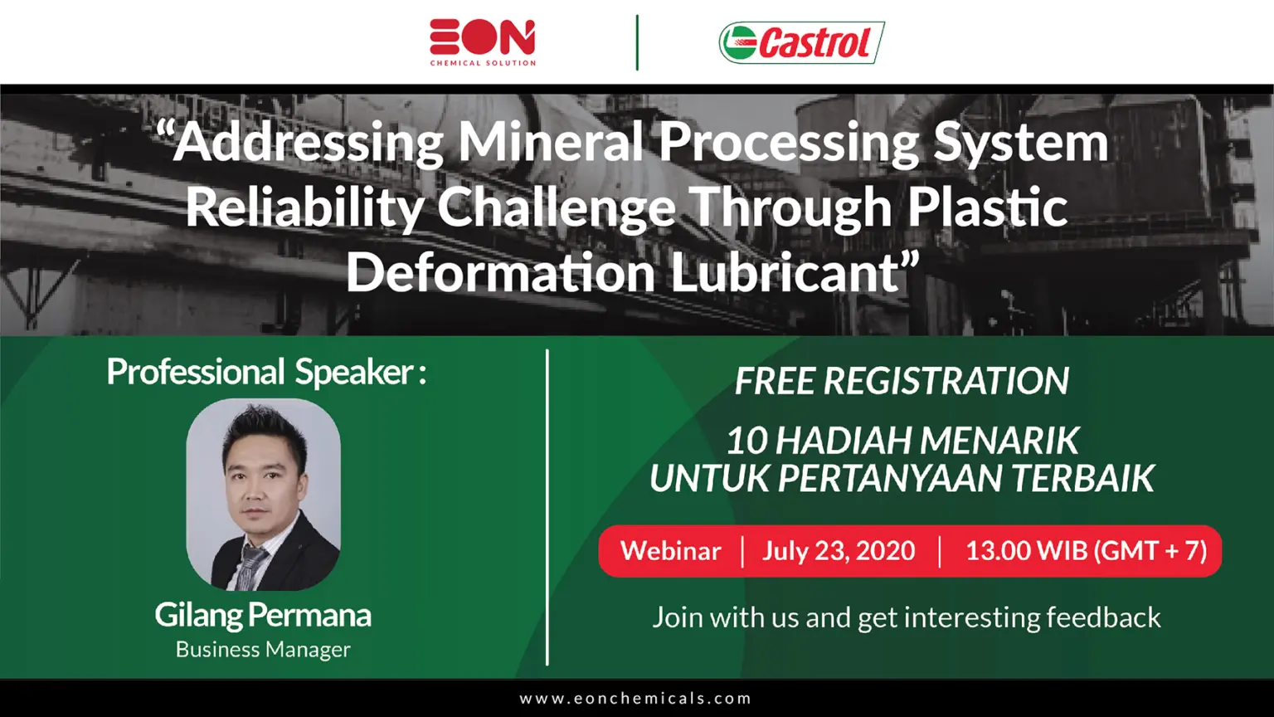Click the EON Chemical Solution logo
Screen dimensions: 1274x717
[483, 42]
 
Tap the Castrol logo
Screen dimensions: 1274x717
[801, 42]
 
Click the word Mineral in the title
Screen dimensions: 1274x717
[551, 142]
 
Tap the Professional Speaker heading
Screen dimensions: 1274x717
[266, 372]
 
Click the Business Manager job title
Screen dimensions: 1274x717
[263, 650]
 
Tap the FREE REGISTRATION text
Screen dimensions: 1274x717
[902, 381]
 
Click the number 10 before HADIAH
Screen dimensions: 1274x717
[746, 441]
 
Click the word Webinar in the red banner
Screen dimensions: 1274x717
[671, 551]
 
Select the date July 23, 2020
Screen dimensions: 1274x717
[839, 551]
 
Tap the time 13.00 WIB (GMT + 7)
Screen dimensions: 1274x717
[1087, 551]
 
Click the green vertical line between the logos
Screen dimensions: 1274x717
[637, 42]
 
